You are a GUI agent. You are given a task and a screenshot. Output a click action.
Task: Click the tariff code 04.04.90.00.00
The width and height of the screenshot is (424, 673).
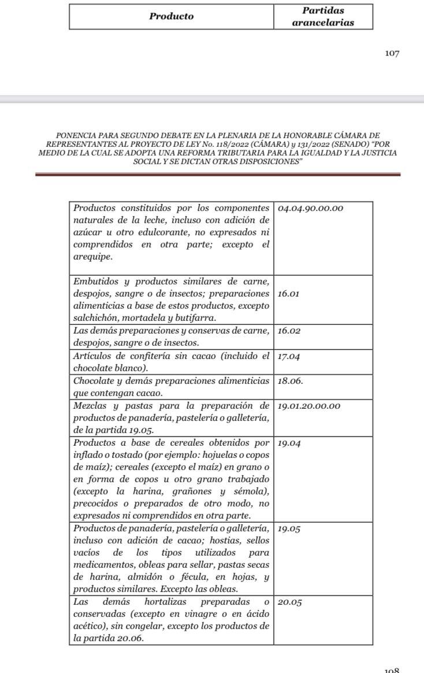click(310, 208)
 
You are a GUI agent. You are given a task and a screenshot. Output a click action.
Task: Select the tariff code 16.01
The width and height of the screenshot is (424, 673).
click(288, 294)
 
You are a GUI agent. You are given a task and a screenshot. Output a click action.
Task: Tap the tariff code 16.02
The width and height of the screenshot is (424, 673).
click(289, 331)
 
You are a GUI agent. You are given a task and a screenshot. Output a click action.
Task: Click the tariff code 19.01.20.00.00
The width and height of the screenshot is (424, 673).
click(309, 406)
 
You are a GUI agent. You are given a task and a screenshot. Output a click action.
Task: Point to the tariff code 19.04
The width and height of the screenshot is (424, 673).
click(289, 443)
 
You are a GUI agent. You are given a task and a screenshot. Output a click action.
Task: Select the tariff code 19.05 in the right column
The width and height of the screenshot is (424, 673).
click(289, 528)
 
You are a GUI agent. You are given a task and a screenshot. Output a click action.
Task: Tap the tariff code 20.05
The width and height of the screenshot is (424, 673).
click(289, 602)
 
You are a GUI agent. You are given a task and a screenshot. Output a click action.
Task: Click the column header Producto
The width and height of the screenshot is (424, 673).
click(172, 17)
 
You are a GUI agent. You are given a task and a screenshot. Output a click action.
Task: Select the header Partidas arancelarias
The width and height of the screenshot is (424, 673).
click(323, 17)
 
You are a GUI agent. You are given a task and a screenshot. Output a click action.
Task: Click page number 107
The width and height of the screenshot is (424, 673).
click(392, 53)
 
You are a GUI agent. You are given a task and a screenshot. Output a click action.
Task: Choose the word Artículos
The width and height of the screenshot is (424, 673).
click(93, 356)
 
